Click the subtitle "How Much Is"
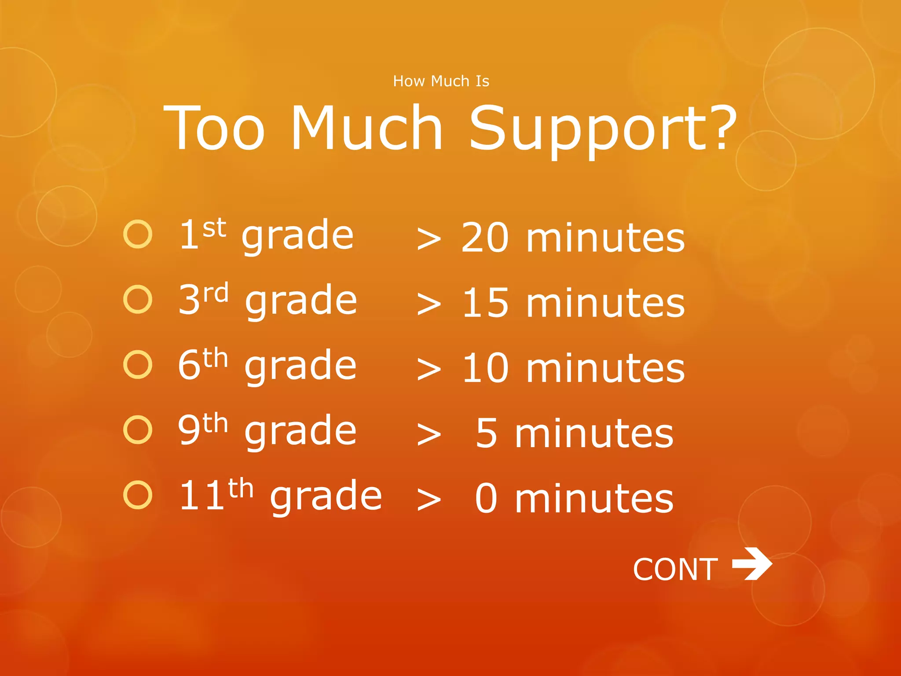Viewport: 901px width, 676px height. tap(441, 81)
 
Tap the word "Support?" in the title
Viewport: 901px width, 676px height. tap(602, 129)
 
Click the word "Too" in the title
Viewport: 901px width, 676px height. tap(214, 129)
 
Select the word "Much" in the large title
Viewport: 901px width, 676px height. tap(366, 129)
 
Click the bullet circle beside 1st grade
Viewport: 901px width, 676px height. tap(138, 234)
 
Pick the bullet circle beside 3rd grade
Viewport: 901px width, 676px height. tap(138, 299)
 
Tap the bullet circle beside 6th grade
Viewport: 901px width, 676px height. tap(138, 364)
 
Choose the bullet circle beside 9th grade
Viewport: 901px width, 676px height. tap(138, 430)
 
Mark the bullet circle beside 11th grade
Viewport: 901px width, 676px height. tap(138, 495)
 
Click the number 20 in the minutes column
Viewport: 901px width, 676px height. tap(485, 238)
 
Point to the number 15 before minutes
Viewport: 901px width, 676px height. tap(486, 303)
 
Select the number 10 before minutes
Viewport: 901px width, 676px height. tap(486, 368)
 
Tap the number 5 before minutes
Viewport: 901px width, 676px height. tap(487, 434)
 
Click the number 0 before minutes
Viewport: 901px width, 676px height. tap(487, 499)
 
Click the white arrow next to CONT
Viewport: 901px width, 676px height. tap(752, 564)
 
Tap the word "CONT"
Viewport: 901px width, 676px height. tap(675, 569)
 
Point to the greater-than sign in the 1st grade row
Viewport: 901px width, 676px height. tap(429, 239)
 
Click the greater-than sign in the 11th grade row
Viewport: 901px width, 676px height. tap(429, 500)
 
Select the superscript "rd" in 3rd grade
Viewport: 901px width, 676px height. tap(216, 293)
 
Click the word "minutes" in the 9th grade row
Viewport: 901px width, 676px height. tap(594, 434)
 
